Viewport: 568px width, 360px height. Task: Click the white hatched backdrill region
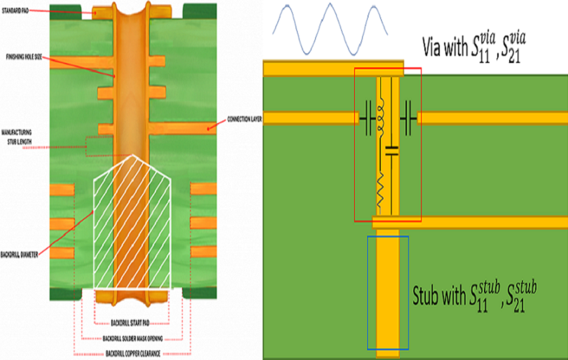[x=132, y=224]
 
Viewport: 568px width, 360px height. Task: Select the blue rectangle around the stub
[x=388, y=292]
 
